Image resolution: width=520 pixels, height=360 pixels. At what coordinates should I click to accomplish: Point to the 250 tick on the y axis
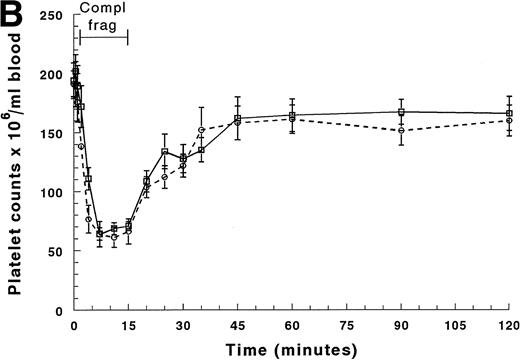pyautogui.click(x=58, y=17)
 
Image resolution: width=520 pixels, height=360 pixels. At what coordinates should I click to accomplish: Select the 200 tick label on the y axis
pyautogui.click(x=58, y=75)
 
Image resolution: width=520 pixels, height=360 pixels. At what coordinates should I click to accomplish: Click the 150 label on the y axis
pyautogui.click(x=58, y=134)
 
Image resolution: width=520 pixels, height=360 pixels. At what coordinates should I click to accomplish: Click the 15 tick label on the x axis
pyautogui.click(x=128, y=327)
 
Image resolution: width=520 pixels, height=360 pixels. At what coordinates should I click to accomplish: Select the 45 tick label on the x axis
pyautogui.click(x=237, y=327)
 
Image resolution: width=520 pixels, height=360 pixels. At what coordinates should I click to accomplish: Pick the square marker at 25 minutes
pyautogui.click(x=164, y=152)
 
